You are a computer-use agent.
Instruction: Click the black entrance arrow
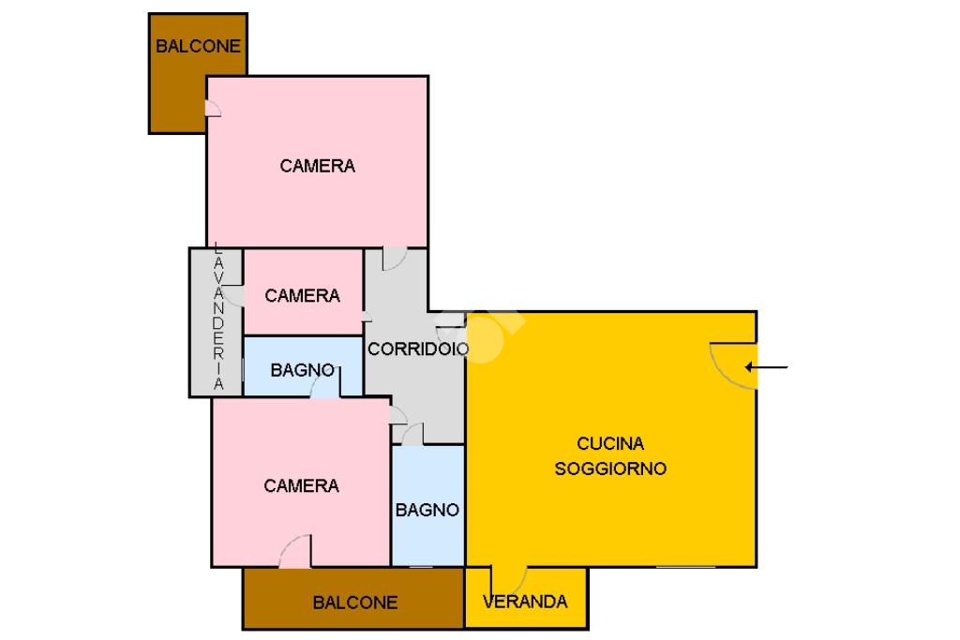[766, 367]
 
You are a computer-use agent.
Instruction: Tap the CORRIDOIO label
[418, 349]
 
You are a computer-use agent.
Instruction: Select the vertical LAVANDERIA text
[218, 316]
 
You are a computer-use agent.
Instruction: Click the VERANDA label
[525, 602]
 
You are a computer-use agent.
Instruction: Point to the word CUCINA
[610, 443]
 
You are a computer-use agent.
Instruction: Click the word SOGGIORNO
[610, 469]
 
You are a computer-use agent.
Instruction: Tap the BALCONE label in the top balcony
[198, 46]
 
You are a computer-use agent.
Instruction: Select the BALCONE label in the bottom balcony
[355, 603]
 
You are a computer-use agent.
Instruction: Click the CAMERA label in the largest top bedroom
[317, 166]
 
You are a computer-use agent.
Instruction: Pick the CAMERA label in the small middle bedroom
[302, 295]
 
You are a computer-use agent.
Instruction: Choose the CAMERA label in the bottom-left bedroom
[301, 485]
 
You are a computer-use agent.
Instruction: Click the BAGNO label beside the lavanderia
[302, 370]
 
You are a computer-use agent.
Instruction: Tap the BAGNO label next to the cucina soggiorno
[427, 510]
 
